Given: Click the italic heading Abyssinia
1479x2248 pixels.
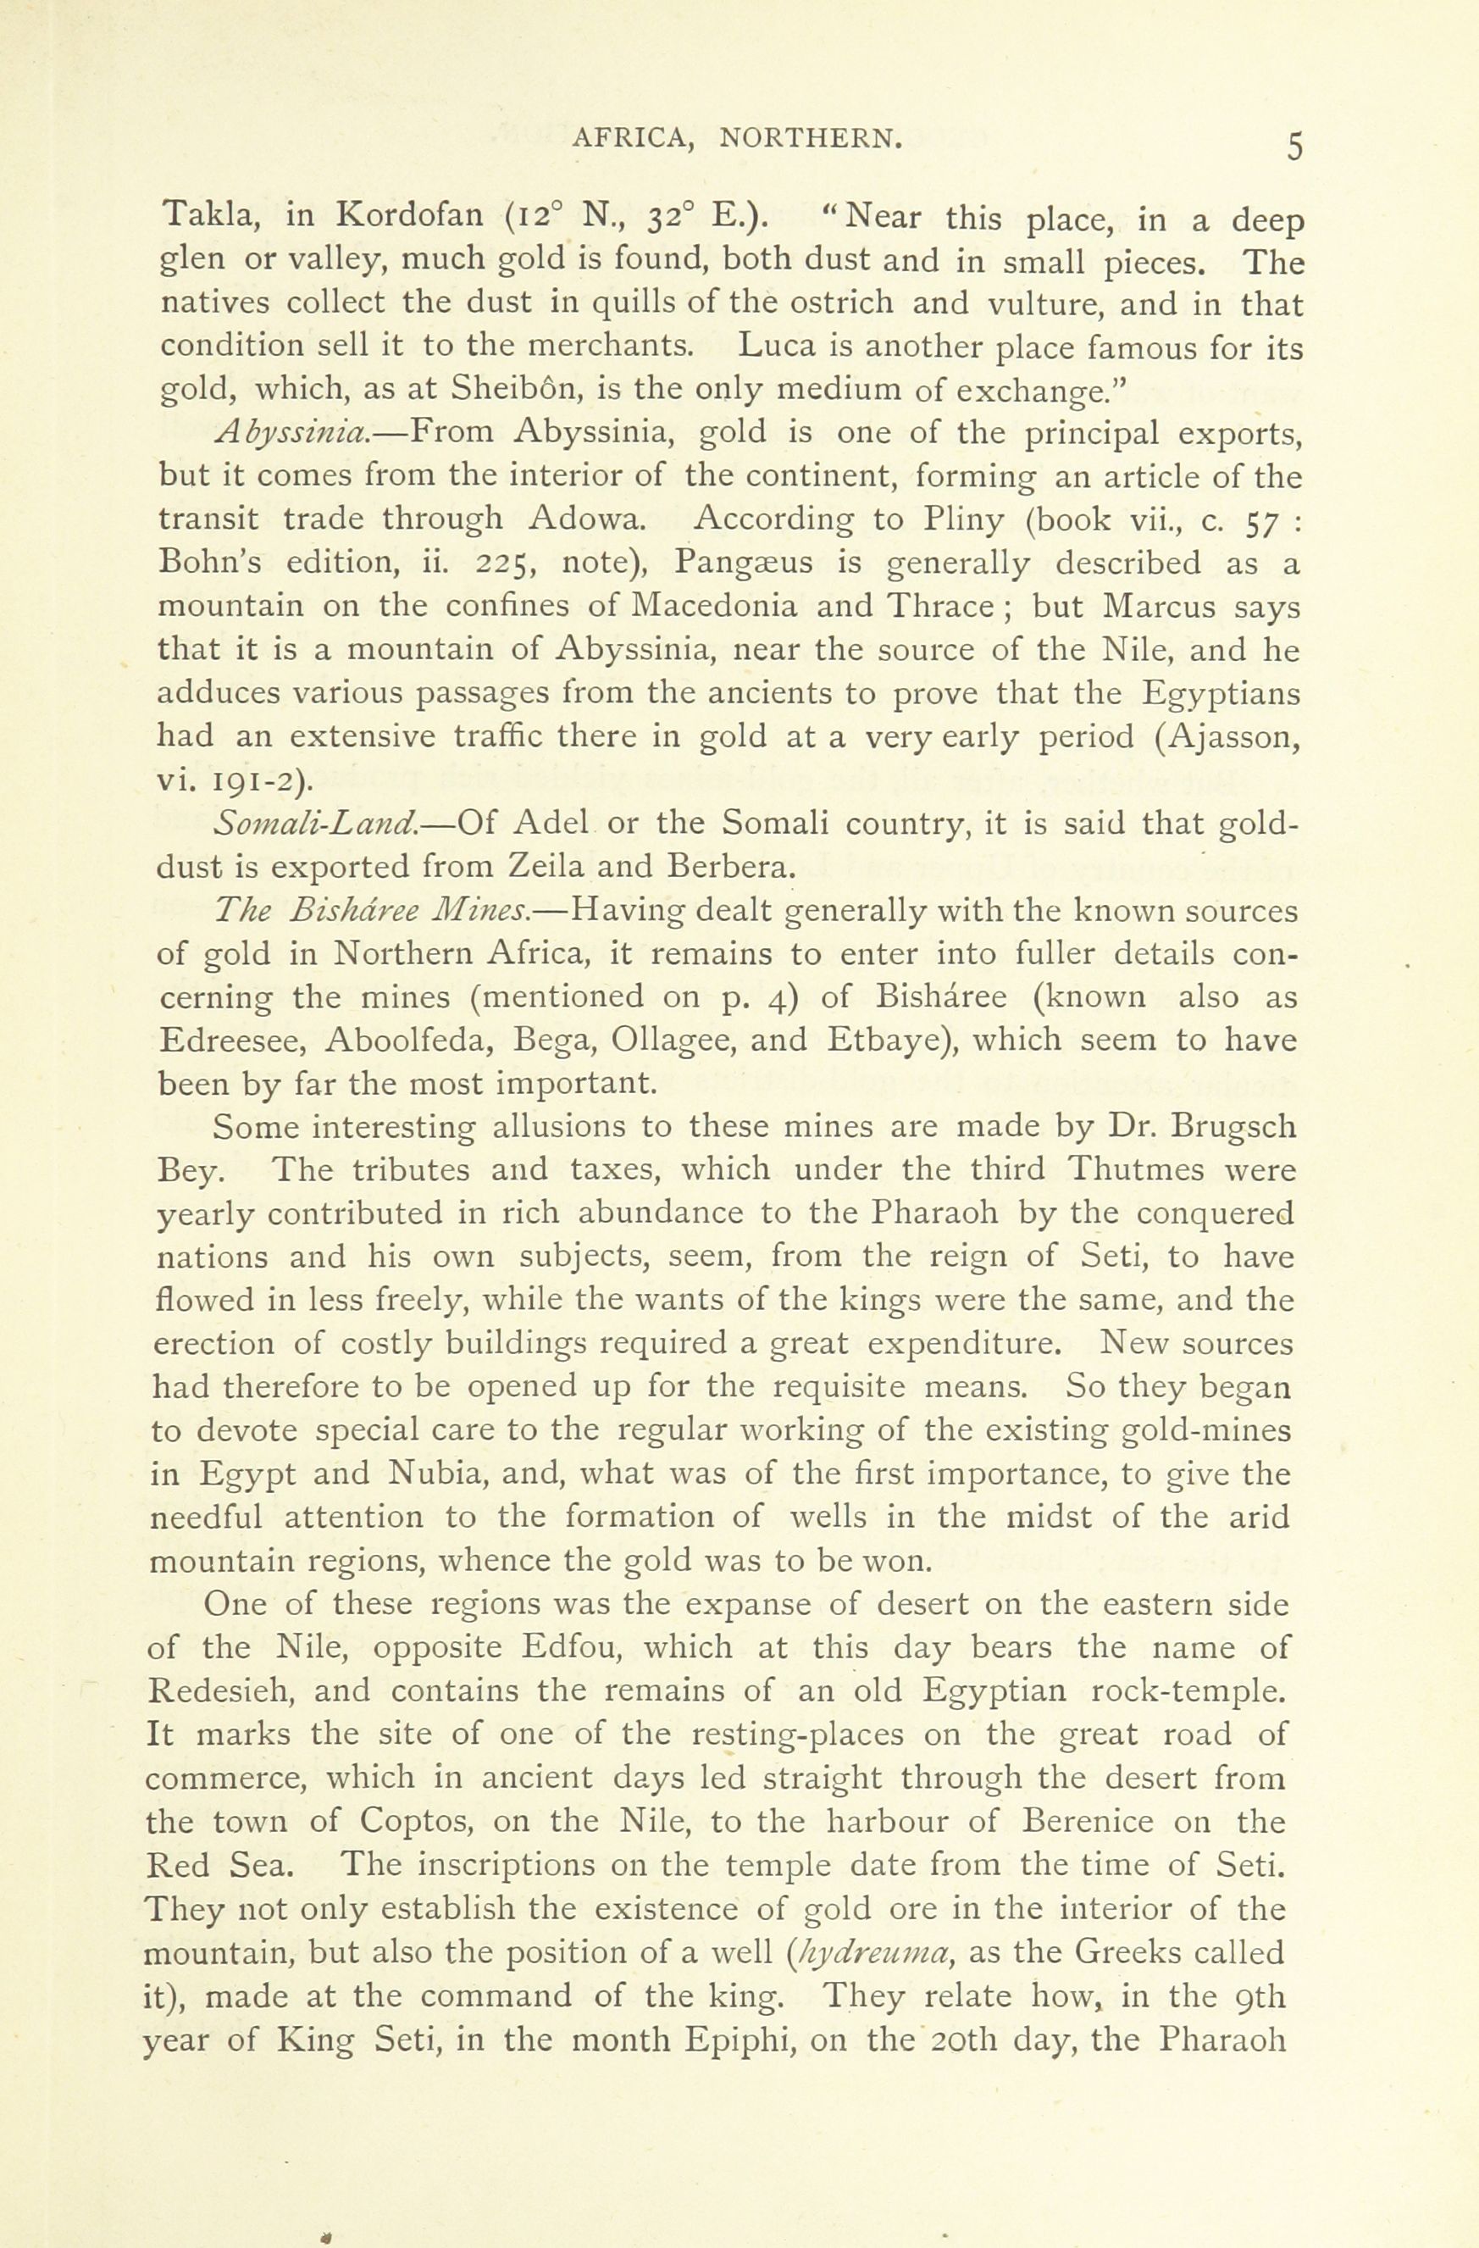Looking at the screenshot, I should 293,434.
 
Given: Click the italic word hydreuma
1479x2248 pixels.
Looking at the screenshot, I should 869,1951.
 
